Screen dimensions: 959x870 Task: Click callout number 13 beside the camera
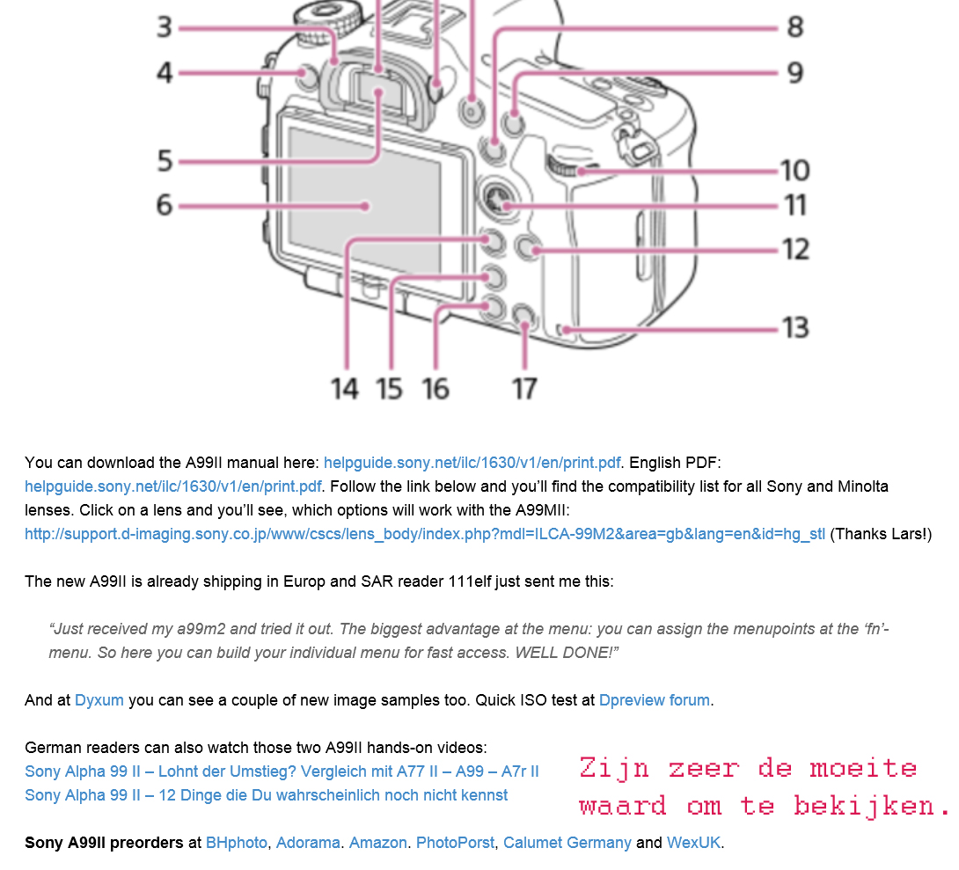(795, 328)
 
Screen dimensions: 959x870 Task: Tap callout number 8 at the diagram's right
(795, 27)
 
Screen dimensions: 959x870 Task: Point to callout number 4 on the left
(165, 73)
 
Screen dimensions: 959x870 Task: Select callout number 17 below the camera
(524, 389)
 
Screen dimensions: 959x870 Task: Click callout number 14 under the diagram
(344, 389)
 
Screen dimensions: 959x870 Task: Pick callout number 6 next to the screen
(165, 205)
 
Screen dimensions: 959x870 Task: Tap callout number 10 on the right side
(795, 170)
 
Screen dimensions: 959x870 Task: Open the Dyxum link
(99, 700)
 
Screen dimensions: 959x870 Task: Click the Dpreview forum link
(655, 700)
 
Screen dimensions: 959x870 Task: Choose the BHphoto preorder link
(236, 843)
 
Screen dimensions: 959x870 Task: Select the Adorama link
(308, 843)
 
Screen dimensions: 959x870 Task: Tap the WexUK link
(693, 843)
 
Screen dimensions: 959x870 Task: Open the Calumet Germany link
(567, 843)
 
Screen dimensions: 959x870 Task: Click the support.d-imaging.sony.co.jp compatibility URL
(424, 534)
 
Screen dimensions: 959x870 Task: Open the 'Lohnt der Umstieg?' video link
(282, 771)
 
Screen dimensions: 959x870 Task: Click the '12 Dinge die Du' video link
(266, 795)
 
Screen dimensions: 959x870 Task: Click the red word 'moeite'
(863, 769)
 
